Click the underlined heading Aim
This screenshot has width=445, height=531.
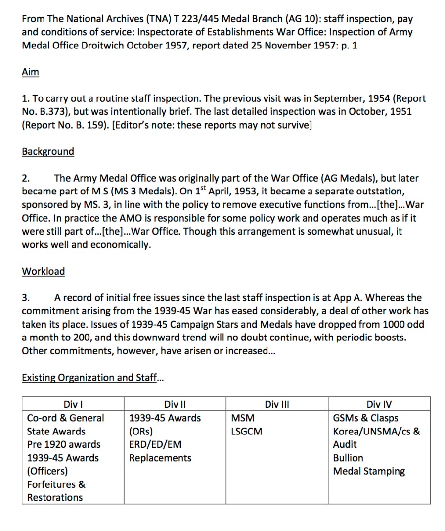pos(30,72)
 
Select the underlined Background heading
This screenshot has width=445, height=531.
pos(48,151)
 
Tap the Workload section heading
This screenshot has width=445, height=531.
pos(44,271)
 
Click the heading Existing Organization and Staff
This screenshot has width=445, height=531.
pos(92,378)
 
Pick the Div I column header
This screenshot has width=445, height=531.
pos(72,404)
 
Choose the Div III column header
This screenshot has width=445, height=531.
pos(277,404)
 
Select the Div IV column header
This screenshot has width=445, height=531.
pos(379,404)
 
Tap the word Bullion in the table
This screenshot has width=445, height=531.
pos(348,458)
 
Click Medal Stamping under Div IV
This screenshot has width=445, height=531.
pos(369,471)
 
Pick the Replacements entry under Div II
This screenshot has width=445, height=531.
pos(160,458)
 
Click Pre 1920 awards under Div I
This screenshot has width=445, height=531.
pos(63,444)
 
